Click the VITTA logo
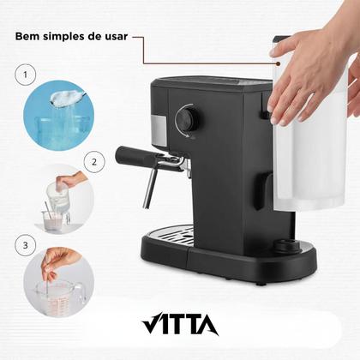point(179,327)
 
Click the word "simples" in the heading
point(69,37)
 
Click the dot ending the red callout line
point(261,62)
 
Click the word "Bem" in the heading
point(29,37)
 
